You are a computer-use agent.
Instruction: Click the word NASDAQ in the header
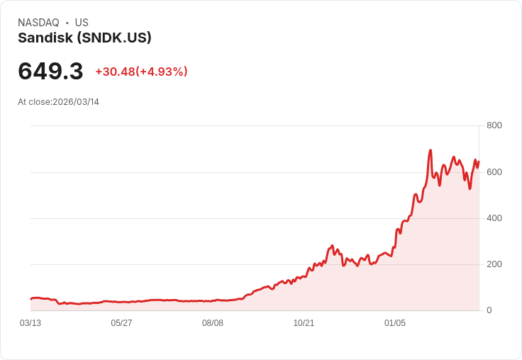(x=38, y=23)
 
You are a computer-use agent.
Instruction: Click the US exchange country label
(x=82, y=23)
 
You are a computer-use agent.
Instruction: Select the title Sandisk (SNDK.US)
(x=84, y=38)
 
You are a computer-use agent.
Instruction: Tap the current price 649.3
(x=50, y=72)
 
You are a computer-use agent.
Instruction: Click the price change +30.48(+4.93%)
(x=141, y=72)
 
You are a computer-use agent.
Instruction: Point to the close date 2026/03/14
(x=76, y=102)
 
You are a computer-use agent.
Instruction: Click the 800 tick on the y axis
(x=494, y=125)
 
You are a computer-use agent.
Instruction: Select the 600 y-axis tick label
(x=494, y=172)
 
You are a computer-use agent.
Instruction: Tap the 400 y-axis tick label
(x=494, y=218)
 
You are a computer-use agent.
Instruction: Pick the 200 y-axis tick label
(x=494, y=264)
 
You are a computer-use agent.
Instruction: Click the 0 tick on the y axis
(x=489, y=310)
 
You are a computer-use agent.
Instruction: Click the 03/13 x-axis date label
(x=30, y=323)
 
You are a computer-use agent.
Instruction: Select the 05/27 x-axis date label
(x=121, y=323)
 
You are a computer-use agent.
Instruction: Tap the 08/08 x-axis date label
(x=213, y=323)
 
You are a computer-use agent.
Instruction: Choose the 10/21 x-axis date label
(x=304, y=323)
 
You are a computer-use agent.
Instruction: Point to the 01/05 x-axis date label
(x=395, y=323)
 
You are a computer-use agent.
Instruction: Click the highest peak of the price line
(x=431, y=150)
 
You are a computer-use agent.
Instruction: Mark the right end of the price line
(x=479, y=162)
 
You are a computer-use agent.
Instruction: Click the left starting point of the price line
(x=30, y=298)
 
